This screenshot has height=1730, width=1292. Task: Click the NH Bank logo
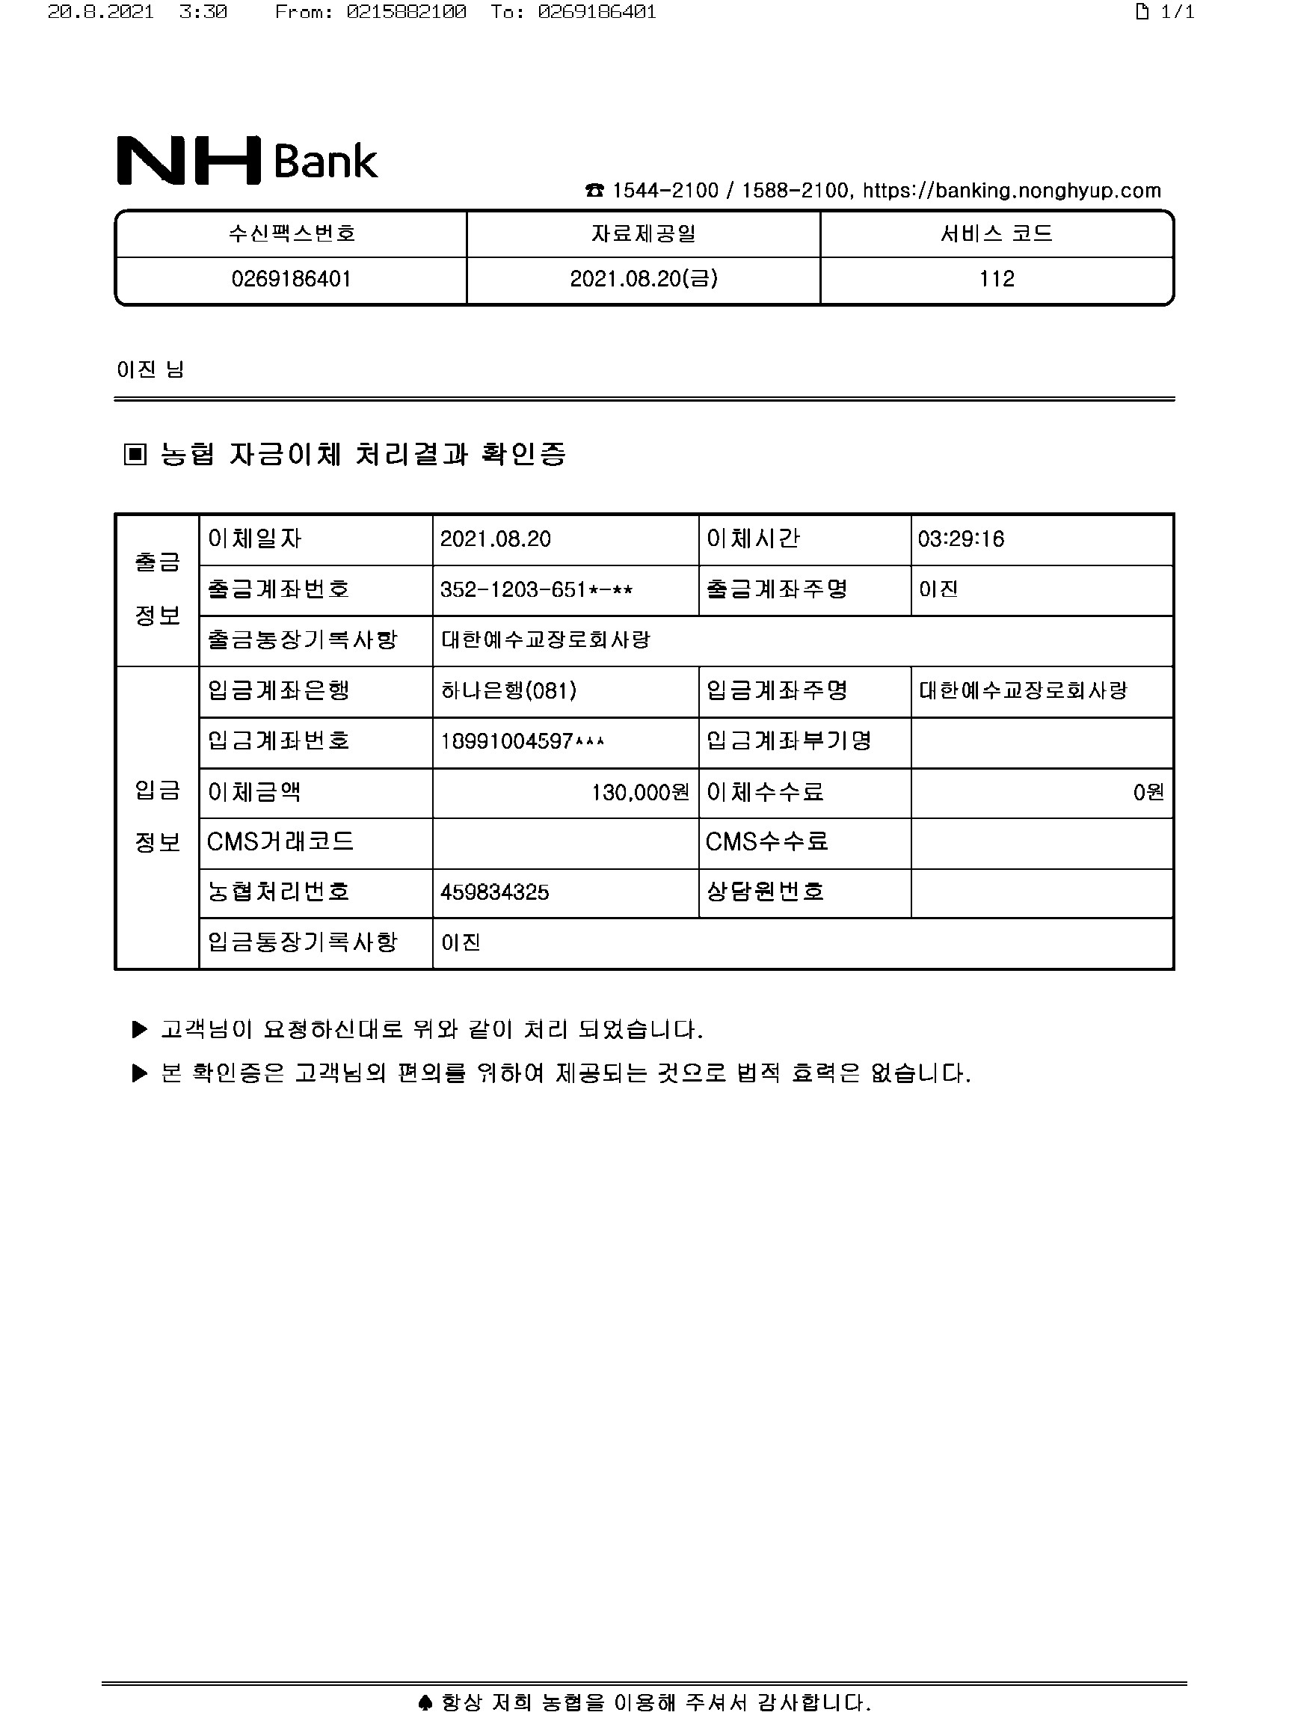pos(246,160)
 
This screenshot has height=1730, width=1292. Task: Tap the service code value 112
pos(997,279)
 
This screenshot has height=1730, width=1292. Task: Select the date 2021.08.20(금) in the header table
pos(643,279)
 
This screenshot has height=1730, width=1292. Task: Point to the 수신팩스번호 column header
pos(292,233)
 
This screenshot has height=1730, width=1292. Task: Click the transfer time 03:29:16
pos(961,539)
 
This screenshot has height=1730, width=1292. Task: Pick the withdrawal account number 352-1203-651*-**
pos(536,589)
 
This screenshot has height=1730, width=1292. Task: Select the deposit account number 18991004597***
pos(522,741)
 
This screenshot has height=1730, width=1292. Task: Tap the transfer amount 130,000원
pos(640,793)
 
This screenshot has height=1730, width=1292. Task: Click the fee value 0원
pos(1148,793)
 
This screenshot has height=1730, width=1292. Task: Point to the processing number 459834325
pos(494,892)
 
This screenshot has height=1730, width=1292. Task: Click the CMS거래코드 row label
pos(280,841)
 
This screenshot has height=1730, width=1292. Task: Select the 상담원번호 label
pos(765,892)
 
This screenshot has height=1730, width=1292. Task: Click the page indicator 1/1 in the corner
pos(1166,12)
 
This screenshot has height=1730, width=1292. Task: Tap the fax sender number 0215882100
pos(407,12)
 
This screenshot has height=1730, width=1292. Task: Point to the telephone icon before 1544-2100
pos(595,191)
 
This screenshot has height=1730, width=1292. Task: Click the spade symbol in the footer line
pos(425,1702)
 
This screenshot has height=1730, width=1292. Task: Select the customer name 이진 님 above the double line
pos(150,369)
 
